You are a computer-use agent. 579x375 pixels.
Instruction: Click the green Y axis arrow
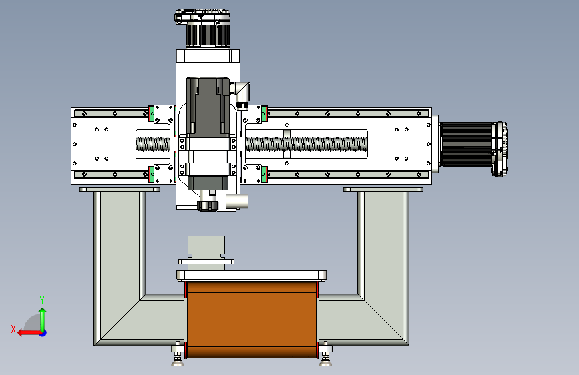pyautogui.click(x=43, y=320)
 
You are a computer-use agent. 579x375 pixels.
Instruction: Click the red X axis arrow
pyautogui.click(x=30, y=333)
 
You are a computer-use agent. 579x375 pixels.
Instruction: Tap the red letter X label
pyautogui.click(x=13, y=329)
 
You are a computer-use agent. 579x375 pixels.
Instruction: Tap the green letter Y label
pyautogui.click(x=42, y=300)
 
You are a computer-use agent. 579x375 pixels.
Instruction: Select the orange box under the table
pyautogui.click(x=252, y=320)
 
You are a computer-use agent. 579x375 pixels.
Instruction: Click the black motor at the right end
pyautogui.click(x=473, y=145)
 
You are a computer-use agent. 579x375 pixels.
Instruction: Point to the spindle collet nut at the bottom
pyautogui.click(x=208, y=206)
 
